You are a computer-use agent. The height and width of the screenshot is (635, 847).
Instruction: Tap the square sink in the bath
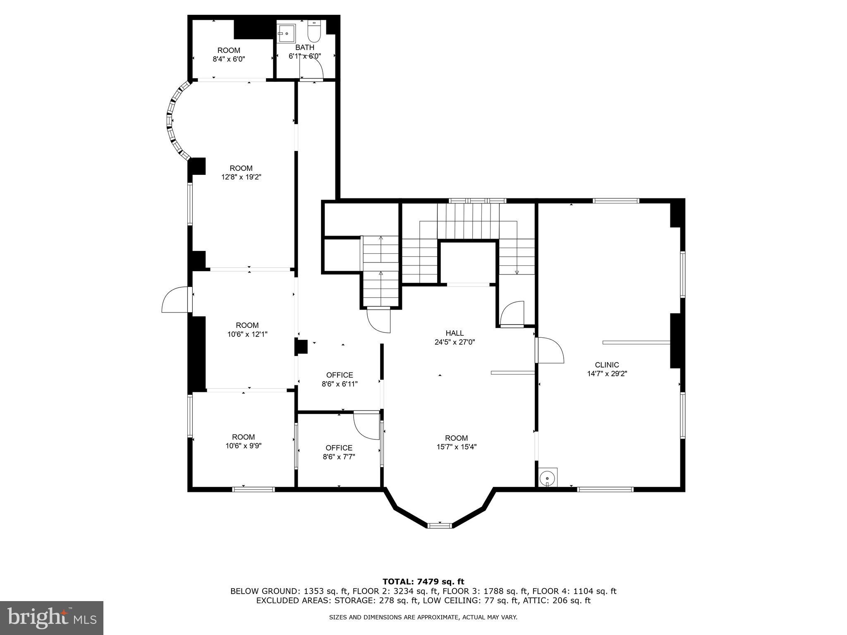286,33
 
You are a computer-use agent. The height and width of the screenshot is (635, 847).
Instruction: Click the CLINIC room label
607,365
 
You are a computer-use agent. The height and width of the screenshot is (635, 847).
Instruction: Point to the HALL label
455,333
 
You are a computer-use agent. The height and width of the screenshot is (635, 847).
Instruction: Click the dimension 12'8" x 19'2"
241,177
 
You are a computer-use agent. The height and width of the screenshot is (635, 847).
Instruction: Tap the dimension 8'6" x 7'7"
339,457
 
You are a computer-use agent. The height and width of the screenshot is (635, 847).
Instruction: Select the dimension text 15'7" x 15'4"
456,447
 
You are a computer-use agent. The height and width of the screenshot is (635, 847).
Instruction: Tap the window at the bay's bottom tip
439,525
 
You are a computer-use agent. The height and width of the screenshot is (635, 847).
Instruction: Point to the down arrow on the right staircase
517,272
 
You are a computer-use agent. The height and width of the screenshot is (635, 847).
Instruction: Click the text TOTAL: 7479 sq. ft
423,582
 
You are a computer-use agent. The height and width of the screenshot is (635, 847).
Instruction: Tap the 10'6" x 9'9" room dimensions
243,446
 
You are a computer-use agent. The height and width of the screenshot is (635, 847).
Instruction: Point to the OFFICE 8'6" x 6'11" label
340,380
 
